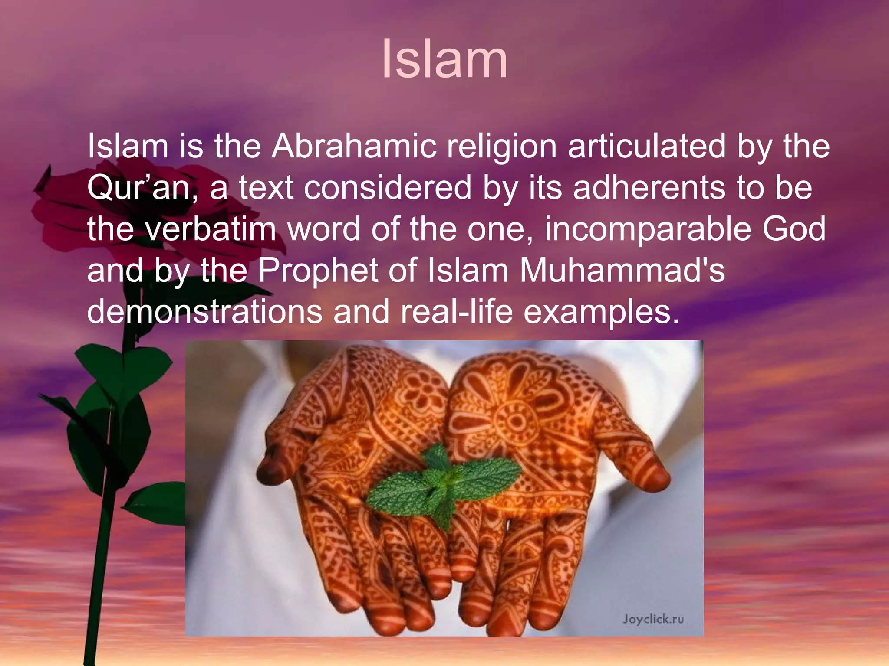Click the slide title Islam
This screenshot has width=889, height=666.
coord(444,59)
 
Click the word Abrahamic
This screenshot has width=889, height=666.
coord(354,146)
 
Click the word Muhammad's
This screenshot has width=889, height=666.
coord(622,270)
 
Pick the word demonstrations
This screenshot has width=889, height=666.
coord(204,311)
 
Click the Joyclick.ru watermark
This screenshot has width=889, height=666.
coord(653,619)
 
